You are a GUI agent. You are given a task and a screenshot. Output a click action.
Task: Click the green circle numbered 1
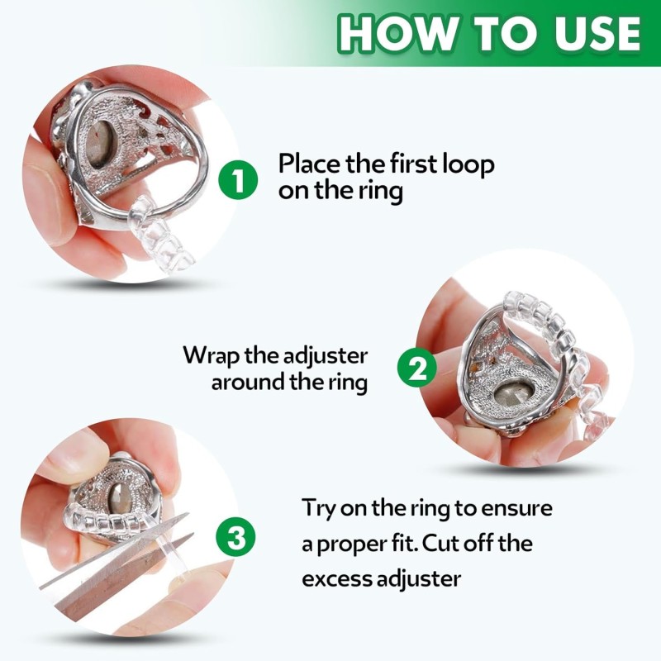pyautogui.click(x=239, y=178)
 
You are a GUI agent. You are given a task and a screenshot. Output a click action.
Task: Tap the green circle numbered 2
pyautogui.click(x=418, y=368)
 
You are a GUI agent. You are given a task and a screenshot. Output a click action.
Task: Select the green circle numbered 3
pyautogui.click(x=236, y=538)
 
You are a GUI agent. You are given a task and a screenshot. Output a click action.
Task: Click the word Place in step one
pyautogui.click(x=308, y=164)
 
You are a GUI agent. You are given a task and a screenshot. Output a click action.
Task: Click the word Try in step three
pyautogui.click(x=318, y=507)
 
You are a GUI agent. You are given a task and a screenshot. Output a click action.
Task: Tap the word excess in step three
pyautogui.click(x=335, y=578)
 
